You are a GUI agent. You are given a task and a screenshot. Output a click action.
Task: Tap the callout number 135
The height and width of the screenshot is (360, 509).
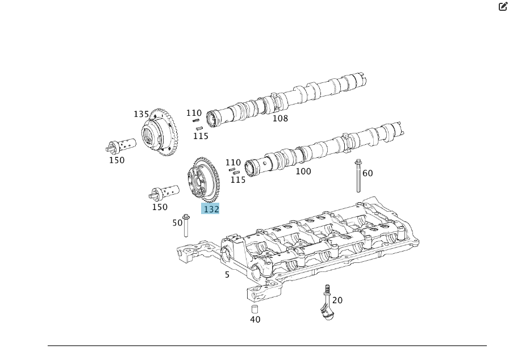[141, 114]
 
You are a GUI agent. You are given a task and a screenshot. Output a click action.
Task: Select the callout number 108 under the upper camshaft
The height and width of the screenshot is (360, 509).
[280, 118]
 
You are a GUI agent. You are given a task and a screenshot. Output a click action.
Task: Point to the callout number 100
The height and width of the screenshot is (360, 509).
[303, 171]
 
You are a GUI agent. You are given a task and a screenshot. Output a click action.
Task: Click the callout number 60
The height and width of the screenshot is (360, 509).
[368, 173]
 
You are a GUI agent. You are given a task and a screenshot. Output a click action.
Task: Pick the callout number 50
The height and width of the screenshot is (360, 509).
[177, 223]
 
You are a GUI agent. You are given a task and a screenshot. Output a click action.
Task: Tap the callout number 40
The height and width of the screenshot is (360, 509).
[255, 320]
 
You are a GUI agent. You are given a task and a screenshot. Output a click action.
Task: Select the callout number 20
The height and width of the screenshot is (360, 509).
[337, 300]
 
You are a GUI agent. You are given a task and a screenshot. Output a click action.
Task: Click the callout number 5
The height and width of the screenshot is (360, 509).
[227, 275]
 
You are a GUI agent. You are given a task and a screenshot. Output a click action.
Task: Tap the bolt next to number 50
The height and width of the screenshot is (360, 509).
[186, 225]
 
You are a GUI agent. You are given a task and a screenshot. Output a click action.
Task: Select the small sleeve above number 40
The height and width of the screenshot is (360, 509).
[255, 309]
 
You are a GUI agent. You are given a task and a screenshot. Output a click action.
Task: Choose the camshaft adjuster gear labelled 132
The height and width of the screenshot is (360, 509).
[203, 179]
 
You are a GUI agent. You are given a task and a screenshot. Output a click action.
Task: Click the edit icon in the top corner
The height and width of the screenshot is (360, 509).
[503, 6]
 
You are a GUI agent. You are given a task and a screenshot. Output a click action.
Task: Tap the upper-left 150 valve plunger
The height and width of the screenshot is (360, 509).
[121, 145]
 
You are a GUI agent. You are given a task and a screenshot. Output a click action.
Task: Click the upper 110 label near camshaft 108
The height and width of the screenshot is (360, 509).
[194, 113]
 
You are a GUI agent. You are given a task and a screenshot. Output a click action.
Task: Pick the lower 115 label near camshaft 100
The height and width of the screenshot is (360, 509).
[238, 179]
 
